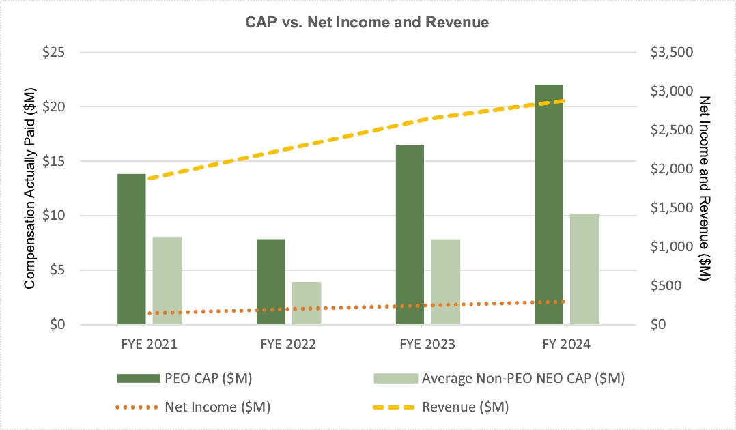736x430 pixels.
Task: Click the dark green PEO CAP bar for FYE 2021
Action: click(x=131, y=249)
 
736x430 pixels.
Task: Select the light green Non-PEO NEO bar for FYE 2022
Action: click(x=306, y=303)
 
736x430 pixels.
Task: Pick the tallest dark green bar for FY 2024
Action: click(x=549, y=205)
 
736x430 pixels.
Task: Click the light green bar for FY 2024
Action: click(x=584, y=269)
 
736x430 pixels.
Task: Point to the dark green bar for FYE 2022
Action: click(x=270, y=282)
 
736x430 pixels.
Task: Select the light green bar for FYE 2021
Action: click(x=167, y=281)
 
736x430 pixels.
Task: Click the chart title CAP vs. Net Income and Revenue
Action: click(x=367, y=23)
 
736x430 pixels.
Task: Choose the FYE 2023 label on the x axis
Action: click(x=427, y=345)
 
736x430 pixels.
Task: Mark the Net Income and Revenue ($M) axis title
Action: click(x=707, y=188)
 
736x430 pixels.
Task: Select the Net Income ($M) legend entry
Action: click(x=218, y=407)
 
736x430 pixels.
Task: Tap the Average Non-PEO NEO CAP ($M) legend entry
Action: click(x=523, y=377)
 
